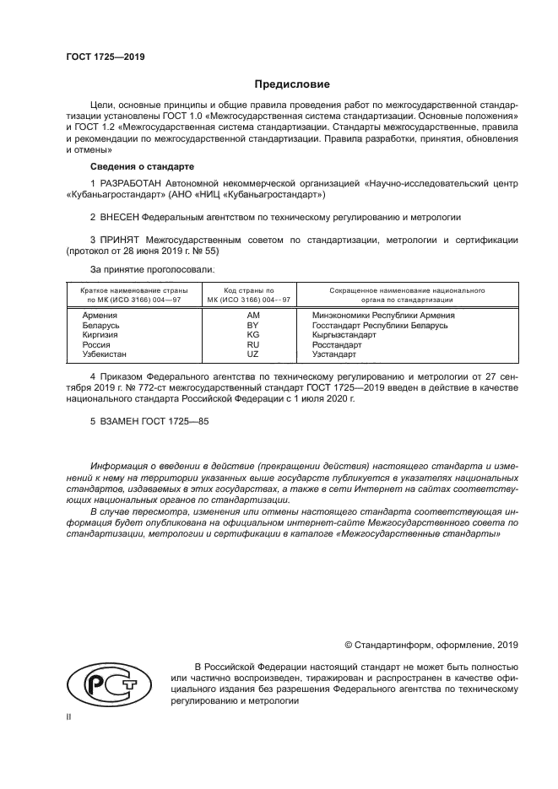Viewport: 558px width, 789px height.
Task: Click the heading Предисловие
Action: coord(292,84)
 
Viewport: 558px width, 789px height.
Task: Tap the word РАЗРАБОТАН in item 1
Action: coord(133,183)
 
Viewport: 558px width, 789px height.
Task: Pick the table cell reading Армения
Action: coord(99,314)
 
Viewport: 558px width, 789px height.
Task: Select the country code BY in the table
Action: coord(251,324)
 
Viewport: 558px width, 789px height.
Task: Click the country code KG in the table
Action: coord(251,334)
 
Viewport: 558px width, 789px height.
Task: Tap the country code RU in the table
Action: coord(251,344)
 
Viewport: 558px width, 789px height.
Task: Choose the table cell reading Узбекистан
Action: coord(106,354)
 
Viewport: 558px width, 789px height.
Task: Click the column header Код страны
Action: coord(251,289)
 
